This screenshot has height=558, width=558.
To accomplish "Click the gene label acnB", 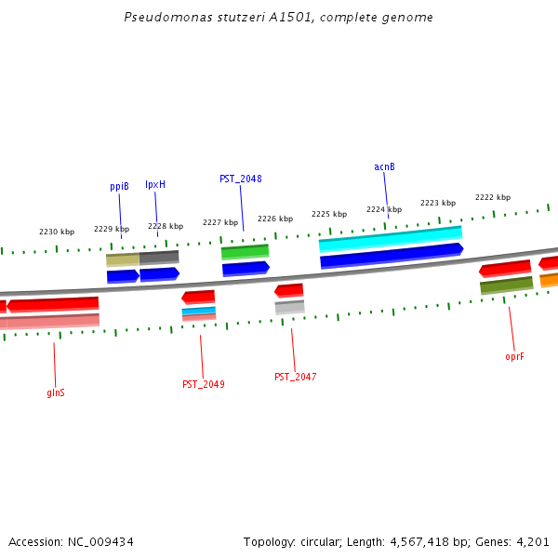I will [x=384, y=167].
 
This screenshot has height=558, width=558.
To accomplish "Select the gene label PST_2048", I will [x=240, y=179].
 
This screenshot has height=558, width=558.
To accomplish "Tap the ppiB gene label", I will [x=119, y=187].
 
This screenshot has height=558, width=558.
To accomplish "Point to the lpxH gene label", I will [x=155, y=185].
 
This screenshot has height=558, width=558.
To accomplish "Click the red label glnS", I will [x=56, y=392].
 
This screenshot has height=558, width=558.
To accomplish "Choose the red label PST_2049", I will [x=203, y=384].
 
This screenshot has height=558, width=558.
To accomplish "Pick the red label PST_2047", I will [x=295, y=378].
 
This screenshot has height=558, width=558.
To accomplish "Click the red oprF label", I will [x=514, y=356].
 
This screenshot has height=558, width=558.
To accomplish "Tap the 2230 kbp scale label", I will [x=57, y=232].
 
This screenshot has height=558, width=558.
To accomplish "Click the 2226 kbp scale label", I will [x=275, y=219].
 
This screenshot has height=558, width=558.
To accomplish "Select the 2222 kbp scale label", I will [x=493, y=197].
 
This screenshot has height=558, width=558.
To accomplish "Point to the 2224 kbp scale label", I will [x=384, y=210].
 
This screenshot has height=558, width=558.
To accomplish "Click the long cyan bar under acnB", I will [x=390, y=239].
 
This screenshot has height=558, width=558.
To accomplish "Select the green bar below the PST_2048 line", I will [x=245, y=251].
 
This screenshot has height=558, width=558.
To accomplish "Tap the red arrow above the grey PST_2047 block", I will [x=289, y=291].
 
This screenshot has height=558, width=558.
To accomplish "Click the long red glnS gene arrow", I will [x=53, y=304].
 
